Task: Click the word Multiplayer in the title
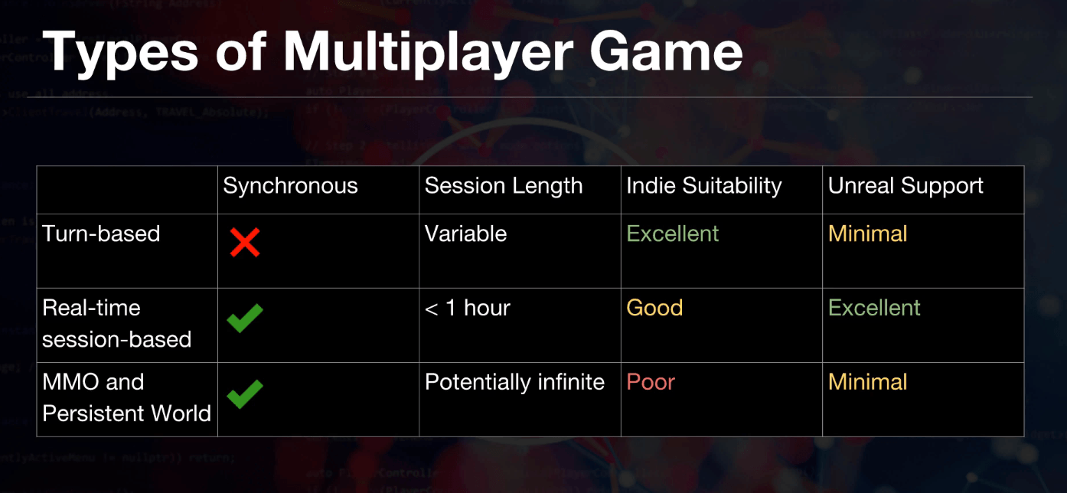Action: click(x=428, y=53)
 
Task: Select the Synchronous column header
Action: click(x=290, y=186)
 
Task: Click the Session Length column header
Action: click(x=504, y=186)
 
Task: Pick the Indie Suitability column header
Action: click(x=704, y=186)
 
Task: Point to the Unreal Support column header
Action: click(x=905, y=186)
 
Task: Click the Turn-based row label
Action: click(x=101, y=233)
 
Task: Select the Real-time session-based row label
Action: click(x=116, y=323)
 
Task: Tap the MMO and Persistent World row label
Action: click(x=126, y=397)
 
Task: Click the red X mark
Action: click(x=245, y=243)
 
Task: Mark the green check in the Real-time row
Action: click(x=245, y=318)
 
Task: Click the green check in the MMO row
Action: click(x=245, y=393)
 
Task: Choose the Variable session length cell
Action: click(x=465, y=233)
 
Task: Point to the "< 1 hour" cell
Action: click(x=467, y=308)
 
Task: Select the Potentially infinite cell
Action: click(x=514, y=382)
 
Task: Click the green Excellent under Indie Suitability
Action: click(x=672, y=233)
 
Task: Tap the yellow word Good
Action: click(x=654, y=308)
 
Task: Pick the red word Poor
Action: click(x=651, y=382)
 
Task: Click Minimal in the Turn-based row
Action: click(x=867, y=233)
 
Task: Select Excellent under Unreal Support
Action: click(x=874, y=308)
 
